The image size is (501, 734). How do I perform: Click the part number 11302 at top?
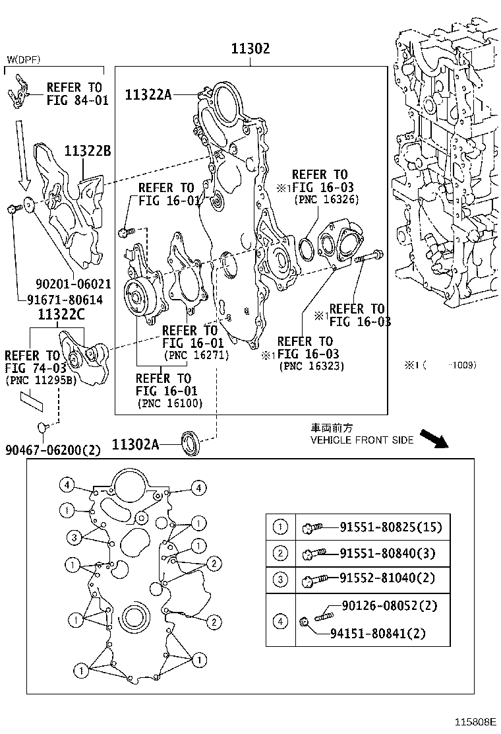[250, 50]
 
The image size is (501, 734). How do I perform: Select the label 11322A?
[148, 95]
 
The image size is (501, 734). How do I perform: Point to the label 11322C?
[61, 314]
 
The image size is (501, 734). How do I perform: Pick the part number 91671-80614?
[65, 299]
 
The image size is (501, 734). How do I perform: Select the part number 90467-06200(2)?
[53, 450]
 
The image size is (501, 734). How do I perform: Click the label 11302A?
[135, 444]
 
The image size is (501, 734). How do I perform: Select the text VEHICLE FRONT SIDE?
[362, 440]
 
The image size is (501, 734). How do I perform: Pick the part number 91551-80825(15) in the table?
[390, 527]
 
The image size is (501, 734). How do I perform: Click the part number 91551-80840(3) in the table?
[388, 553]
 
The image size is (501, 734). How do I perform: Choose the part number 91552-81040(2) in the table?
[388, 579]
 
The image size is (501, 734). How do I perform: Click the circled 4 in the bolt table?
[281, 620]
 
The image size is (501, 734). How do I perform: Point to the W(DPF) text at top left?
[24, 60]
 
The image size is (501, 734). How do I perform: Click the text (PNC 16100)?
[170, 403]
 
